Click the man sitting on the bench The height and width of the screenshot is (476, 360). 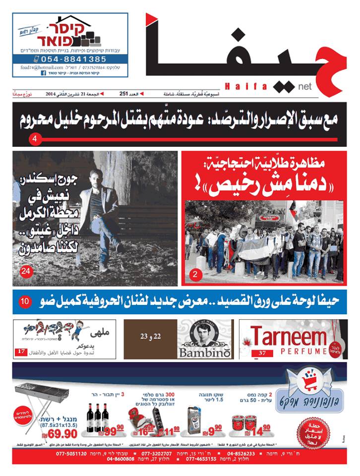(x=102, y=218)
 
